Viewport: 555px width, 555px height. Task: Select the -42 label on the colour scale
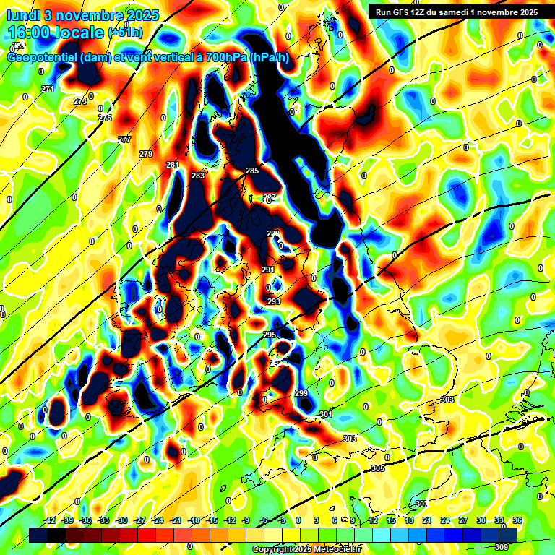[50, 521]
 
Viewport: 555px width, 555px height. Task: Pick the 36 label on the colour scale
[517, 521]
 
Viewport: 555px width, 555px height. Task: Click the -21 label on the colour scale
[176, 521]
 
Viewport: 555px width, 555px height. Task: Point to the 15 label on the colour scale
[390, 521]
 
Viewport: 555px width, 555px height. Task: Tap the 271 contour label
[48, 89]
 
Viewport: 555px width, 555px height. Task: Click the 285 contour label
[252, 171]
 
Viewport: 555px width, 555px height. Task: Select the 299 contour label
[301, 393]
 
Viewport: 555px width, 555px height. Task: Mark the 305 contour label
[378, 469]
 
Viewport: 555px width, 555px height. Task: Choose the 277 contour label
[125, 139]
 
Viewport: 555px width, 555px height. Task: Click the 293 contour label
[274, 301]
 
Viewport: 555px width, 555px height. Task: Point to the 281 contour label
[173, 165]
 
